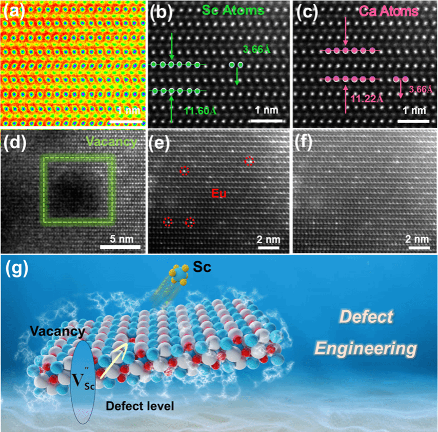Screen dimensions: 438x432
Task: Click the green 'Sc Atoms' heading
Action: (x=233, y=10)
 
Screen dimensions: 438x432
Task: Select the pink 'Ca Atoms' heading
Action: (x=389, y=11)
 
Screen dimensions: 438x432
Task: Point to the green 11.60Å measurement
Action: (x=201, y=111)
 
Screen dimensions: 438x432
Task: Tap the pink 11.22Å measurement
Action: (x=367, y=99)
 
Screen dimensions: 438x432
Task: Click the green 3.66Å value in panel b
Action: (x=257, y=49)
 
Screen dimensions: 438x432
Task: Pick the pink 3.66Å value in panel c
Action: (x=421, y=89)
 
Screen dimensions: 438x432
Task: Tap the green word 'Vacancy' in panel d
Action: (x=111, y=142)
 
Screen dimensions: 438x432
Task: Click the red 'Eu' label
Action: (x=218, y=193)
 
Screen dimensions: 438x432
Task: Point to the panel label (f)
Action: (x=303, y=143)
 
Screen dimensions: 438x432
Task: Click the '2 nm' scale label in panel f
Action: (x=417, y=239)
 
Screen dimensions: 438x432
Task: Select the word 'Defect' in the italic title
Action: (x=366, y=317)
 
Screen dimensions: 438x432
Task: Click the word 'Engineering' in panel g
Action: (x=366, y=348)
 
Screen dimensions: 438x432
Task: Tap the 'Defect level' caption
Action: (x=140, y=406)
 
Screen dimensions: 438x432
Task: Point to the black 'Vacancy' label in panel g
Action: (x=57, y=331)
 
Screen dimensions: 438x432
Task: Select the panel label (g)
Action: (x=17, y=269)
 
